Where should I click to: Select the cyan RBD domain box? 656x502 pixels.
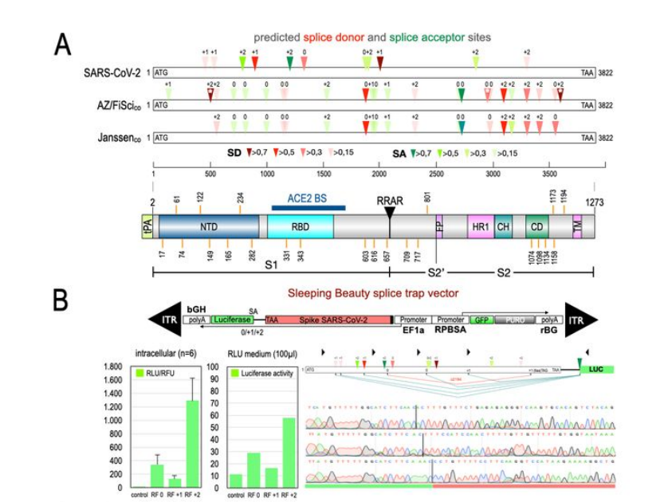[300, 226]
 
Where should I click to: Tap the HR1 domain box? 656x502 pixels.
[481, 226]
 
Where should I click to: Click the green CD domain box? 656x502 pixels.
[536, 226]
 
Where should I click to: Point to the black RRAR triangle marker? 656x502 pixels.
[390, 213]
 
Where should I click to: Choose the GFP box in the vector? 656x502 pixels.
[481, 318]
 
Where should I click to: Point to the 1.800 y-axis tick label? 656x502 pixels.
[110, 367]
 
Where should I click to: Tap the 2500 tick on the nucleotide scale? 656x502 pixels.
[436, 173]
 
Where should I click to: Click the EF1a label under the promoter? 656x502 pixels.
[412, 328]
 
